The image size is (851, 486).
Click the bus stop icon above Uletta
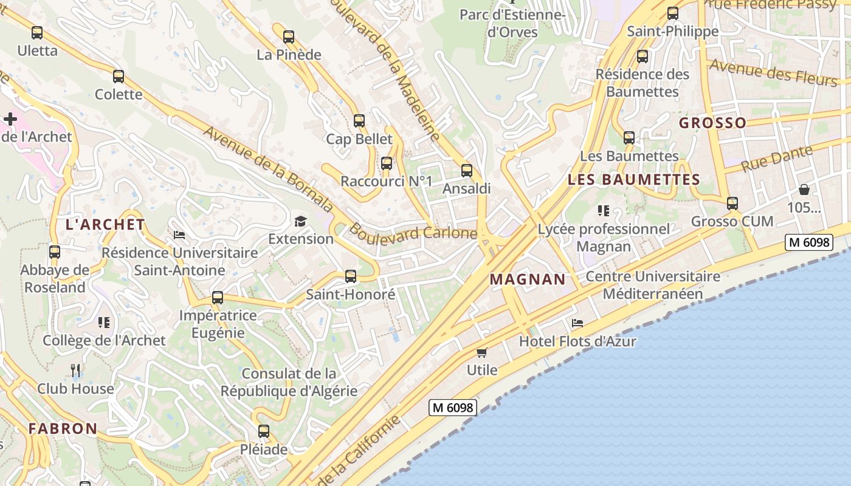click(37, 33)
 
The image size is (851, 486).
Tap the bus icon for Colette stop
click(119, 77)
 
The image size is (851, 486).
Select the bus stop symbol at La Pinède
click(289, 37)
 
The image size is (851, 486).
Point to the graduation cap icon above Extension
click(301, 221)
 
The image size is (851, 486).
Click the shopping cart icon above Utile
click(482, 352)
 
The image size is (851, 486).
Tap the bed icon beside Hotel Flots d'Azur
click(577, 323)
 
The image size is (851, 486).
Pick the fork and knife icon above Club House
click(75, 370)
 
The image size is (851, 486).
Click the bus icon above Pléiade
click(263, 431)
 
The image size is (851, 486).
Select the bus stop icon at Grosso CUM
click(732, 204)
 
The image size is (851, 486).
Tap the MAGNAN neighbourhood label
click(528, 279)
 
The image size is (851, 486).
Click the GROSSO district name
click(712, 123)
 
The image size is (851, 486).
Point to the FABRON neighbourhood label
click(63, 428)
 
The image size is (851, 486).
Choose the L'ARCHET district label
click(105, 224)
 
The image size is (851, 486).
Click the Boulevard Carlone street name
click(413, 233)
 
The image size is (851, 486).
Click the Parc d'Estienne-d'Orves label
click(512, 22)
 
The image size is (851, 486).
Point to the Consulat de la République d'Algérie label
click(289, 382)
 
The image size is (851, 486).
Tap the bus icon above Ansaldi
click(466, 171)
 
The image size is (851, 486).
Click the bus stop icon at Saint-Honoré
click(351, 276)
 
